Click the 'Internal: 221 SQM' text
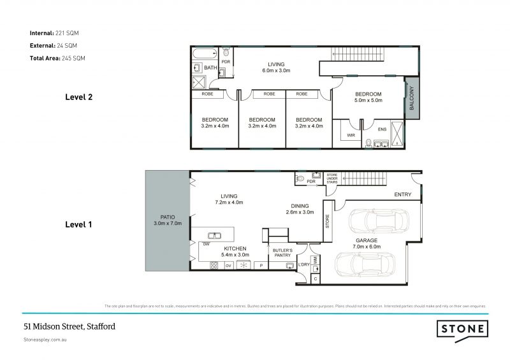point(54,32)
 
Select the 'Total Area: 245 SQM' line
point(58,58)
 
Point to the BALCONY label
point(412,97)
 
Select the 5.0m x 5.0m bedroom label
point(368,97)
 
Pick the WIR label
point(351,135)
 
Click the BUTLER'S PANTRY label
point(282,253)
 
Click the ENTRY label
point(402,194)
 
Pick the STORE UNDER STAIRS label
point(331,178)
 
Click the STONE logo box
point(462,329)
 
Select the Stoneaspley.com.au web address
point(45,341)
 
